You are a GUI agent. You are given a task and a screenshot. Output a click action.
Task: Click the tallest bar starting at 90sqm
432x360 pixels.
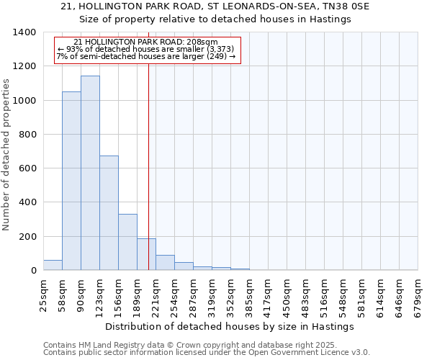90,173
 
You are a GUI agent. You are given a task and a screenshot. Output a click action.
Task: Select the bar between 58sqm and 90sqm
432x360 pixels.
71,181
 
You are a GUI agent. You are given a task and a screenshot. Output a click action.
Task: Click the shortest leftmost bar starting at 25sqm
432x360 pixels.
53,265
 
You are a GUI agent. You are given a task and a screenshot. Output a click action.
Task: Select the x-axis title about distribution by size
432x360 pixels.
235,326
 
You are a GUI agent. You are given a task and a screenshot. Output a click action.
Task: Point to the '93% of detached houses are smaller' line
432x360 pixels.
143,49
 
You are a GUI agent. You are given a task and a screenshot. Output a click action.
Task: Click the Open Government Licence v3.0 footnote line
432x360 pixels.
207,353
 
